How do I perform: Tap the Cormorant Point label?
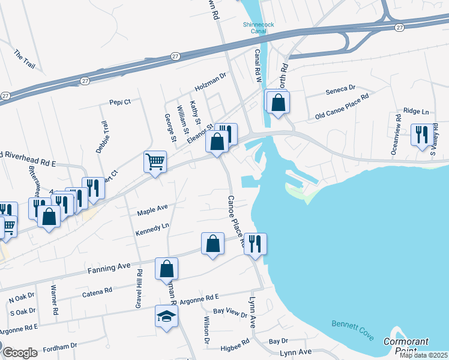click(407, 346)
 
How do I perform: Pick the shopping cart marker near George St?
click(155, 162)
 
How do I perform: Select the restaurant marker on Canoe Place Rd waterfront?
click(255, 244)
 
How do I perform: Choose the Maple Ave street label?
click(152, 209)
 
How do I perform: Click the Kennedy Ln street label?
click(152, 228)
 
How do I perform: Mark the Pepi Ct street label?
click(120, 102)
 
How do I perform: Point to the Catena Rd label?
click(97, 290)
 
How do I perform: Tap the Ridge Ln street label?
click(416, 111)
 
